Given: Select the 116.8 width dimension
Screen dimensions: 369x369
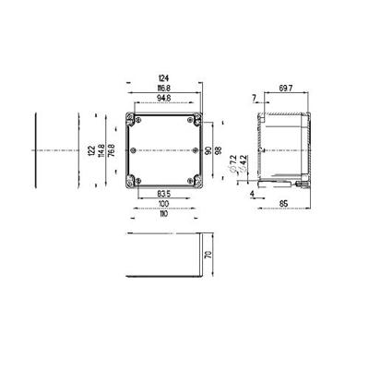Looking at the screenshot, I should pyautogui.click(x=164, y=89).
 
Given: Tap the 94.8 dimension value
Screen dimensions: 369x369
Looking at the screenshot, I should pyautogui.click(x=164, y=98).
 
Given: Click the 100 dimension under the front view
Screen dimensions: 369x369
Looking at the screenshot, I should pyautogui.click(x=164, y=204).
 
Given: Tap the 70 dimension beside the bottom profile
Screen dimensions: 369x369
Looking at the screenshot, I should pyautogui.click(x=210, y=256).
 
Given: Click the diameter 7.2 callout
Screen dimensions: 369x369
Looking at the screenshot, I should pyautogui.click(x=233, y=164).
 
